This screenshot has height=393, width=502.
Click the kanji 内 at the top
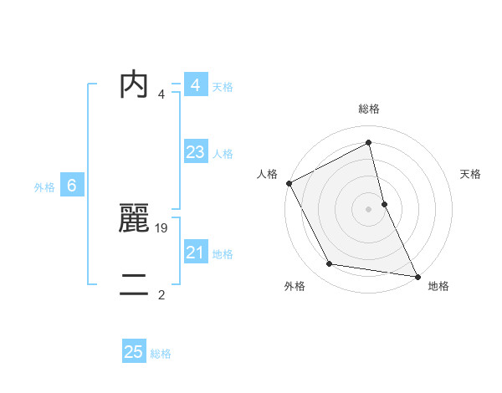coord(134,84)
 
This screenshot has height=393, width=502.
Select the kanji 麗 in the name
coord(134,218)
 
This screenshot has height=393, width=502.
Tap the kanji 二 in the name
coord(134,284)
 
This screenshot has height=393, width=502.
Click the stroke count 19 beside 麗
coord(162,227)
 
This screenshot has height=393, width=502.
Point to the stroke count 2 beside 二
coord(161,294)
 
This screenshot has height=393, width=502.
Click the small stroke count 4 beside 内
coord(161,94)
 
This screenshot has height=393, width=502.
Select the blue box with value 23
coord(195,152)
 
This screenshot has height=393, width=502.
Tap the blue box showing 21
coord(195,253)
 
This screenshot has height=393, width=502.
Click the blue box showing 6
coord(71,186)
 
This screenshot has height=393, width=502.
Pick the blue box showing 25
coord(134,352)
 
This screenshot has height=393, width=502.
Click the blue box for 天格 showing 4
coord(195,85)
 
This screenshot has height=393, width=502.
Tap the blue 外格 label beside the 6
coord(44,187)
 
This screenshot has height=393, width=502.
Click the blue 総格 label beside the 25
coord(161,354)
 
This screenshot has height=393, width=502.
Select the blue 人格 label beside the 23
coord(223,154)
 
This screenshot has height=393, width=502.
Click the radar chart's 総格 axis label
coord(369,109)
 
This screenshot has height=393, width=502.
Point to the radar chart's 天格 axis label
coord(471,174)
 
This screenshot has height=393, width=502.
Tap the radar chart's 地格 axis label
coord(438,286)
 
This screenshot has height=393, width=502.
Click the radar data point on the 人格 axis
coord(289,182)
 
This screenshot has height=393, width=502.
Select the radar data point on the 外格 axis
coord(330,264)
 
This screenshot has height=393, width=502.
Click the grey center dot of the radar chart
coord(368,208)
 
